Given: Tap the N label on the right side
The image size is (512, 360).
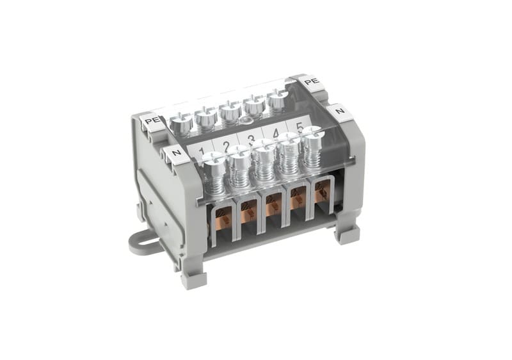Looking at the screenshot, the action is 340,111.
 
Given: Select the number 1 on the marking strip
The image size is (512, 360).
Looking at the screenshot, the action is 202,151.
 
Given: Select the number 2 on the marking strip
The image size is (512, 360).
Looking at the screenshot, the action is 227,146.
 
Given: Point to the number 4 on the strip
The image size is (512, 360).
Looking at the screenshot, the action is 276,134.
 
